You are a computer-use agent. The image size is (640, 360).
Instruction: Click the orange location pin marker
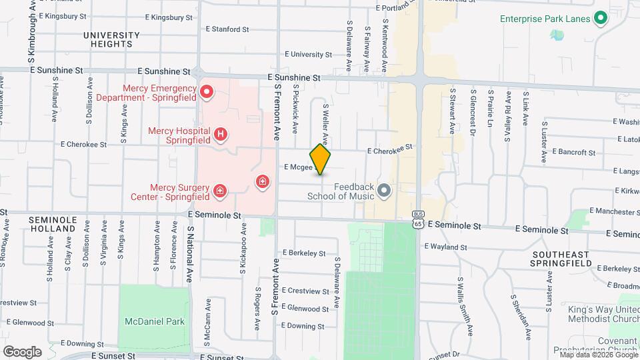point(321,159)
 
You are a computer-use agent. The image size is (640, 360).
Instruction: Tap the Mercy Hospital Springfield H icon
point(221,136)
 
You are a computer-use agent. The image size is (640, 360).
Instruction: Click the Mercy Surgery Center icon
point(219,193)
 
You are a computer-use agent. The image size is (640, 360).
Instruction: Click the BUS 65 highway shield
point(417,221)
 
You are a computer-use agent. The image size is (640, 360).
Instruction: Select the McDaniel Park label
point(155,321)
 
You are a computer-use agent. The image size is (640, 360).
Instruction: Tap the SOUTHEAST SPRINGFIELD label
point(561,259)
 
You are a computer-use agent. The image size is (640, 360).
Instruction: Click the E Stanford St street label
point(227,29)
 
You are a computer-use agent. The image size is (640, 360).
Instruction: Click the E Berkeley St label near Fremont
point(303,253)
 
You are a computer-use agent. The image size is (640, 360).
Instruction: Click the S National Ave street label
point(189,253)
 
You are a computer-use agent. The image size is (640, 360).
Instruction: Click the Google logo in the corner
point(21,351)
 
